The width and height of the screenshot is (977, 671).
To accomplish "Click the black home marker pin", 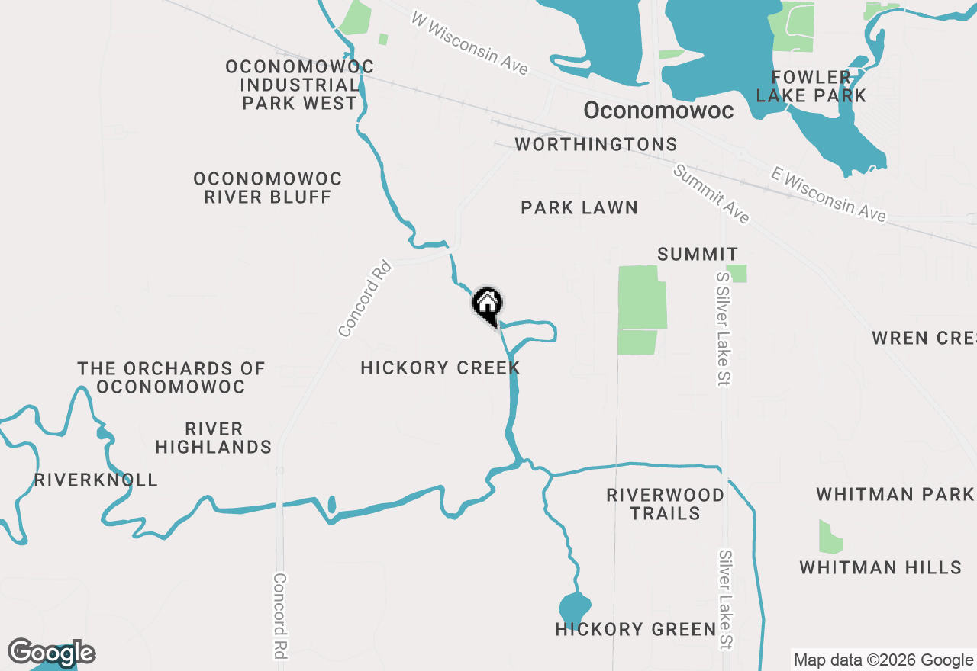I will point(487,305).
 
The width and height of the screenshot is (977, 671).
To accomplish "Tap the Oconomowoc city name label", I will point(658,111).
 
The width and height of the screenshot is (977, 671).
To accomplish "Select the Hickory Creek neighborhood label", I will point(440,368).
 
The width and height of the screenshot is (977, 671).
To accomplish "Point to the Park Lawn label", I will point(579,207).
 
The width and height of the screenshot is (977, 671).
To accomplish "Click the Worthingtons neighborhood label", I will point(596,145).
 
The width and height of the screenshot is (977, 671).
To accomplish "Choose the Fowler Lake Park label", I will point(811,86).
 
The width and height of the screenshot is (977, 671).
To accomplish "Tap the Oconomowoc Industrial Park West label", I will point(300,85).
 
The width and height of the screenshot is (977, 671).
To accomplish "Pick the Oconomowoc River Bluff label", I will point(267,188).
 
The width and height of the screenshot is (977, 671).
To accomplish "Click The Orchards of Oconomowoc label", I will point(171,377).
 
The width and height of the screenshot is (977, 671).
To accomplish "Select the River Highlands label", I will point(214,438).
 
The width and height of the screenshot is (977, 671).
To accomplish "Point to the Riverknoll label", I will point(96,480).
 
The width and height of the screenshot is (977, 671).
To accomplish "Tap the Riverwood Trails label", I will point(666,504).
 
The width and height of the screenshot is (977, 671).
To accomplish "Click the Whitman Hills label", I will point(880,568).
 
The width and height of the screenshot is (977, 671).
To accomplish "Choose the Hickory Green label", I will point(636,630).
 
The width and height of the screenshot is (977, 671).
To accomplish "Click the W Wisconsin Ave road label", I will point(470,43).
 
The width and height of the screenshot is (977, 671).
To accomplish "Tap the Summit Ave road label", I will point(711,194).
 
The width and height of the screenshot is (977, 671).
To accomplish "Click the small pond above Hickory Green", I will point(574,608).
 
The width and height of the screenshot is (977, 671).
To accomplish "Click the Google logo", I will point(51,653).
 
